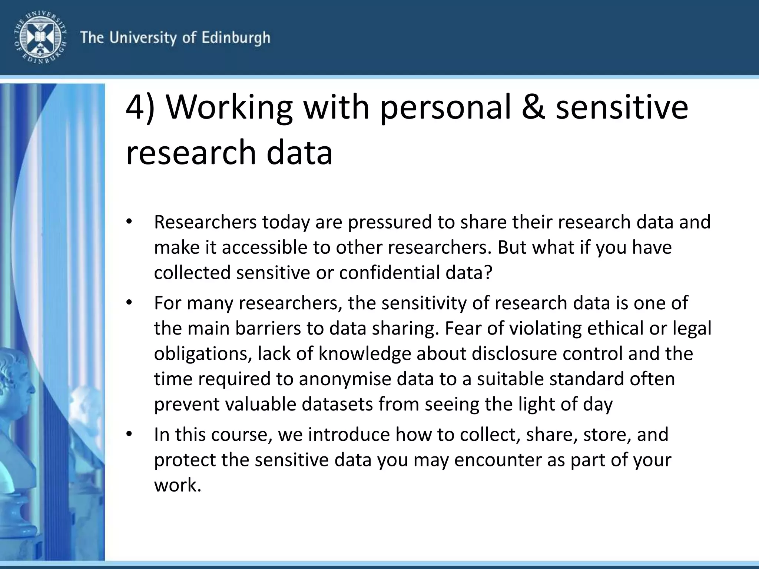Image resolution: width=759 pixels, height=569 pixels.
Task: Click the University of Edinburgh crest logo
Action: coord(40,37)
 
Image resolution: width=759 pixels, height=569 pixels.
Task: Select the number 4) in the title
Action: coord(140,107)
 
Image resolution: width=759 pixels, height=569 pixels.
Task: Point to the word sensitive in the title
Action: coord(622,107)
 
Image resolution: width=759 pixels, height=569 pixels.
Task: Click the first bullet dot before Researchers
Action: coord(129,222)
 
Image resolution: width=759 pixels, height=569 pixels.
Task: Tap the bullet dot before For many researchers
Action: coord(129,303)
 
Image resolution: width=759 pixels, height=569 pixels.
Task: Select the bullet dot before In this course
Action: coord(129,434)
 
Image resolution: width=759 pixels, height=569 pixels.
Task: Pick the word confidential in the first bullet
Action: coord(390,273)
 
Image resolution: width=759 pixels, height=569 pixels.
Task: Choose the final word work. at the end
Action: coord(178,485)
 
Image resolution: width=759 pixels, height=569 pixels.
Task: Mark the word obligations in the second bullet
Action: coord(200,354)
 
